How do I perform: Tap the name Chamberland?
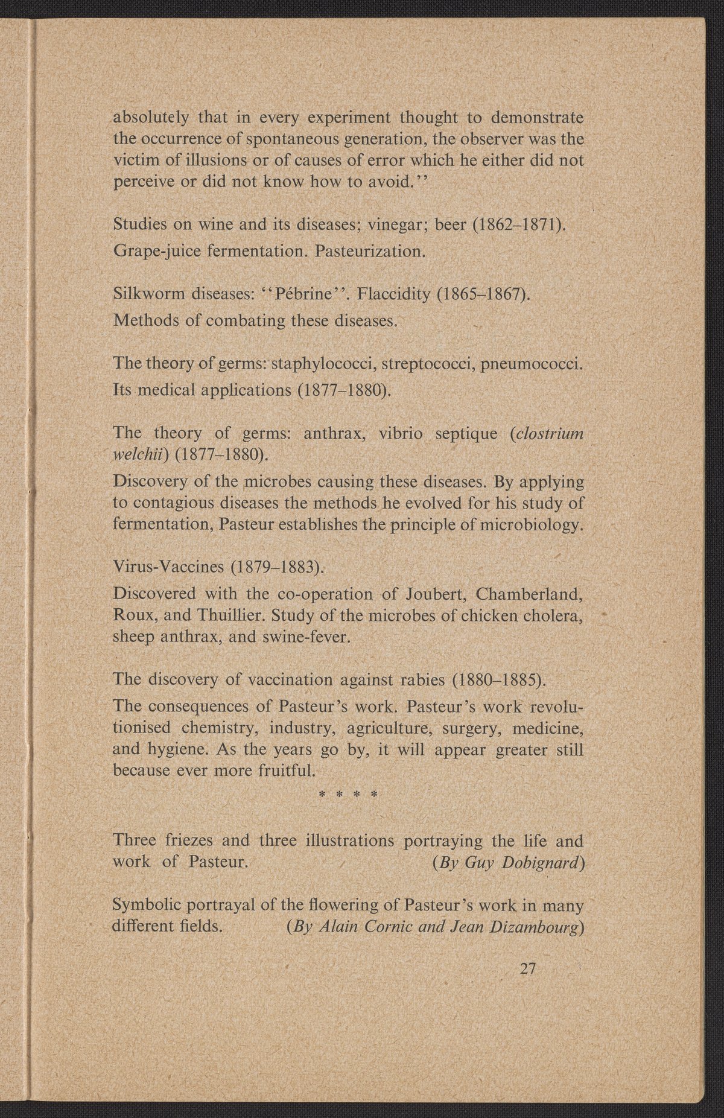[529, 594]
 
